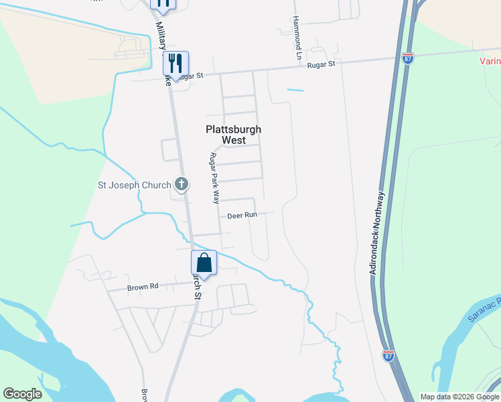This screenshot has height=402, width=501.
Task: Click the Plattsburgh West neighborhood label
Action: coord(233,135)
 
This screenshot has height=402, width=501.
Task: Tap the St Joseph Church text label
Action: coord(133,185)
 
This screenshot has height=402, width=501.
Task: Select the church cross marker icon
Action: coord(181,183)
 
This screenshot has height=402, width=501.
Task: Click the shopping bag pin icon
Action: coord(204,263)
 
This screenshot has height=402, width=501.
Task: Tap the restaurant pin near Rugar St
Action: coord(175,64)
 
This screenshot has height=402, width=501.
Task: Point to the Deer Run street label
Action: coord(242,216)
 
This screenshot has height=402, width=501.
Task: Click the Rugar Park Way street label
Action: coord(214,178)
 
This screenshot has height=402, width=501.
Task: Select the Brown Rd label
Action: coord(143,287)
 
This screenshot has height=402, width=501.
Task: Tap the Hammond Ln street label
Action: coord(297,38)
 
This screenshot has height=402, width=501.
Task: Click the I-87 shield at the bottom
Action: coord(388,356)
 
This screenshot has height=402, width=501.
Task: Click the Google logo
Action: coord(22,394)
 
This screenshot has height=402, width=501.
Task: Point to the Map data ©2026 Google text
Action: coord(459,397)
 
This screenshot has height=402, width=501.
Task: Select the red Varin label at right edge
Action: coord(490,62)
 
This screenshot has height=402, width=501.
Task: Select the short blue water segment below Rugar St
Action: coord(295,90)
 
